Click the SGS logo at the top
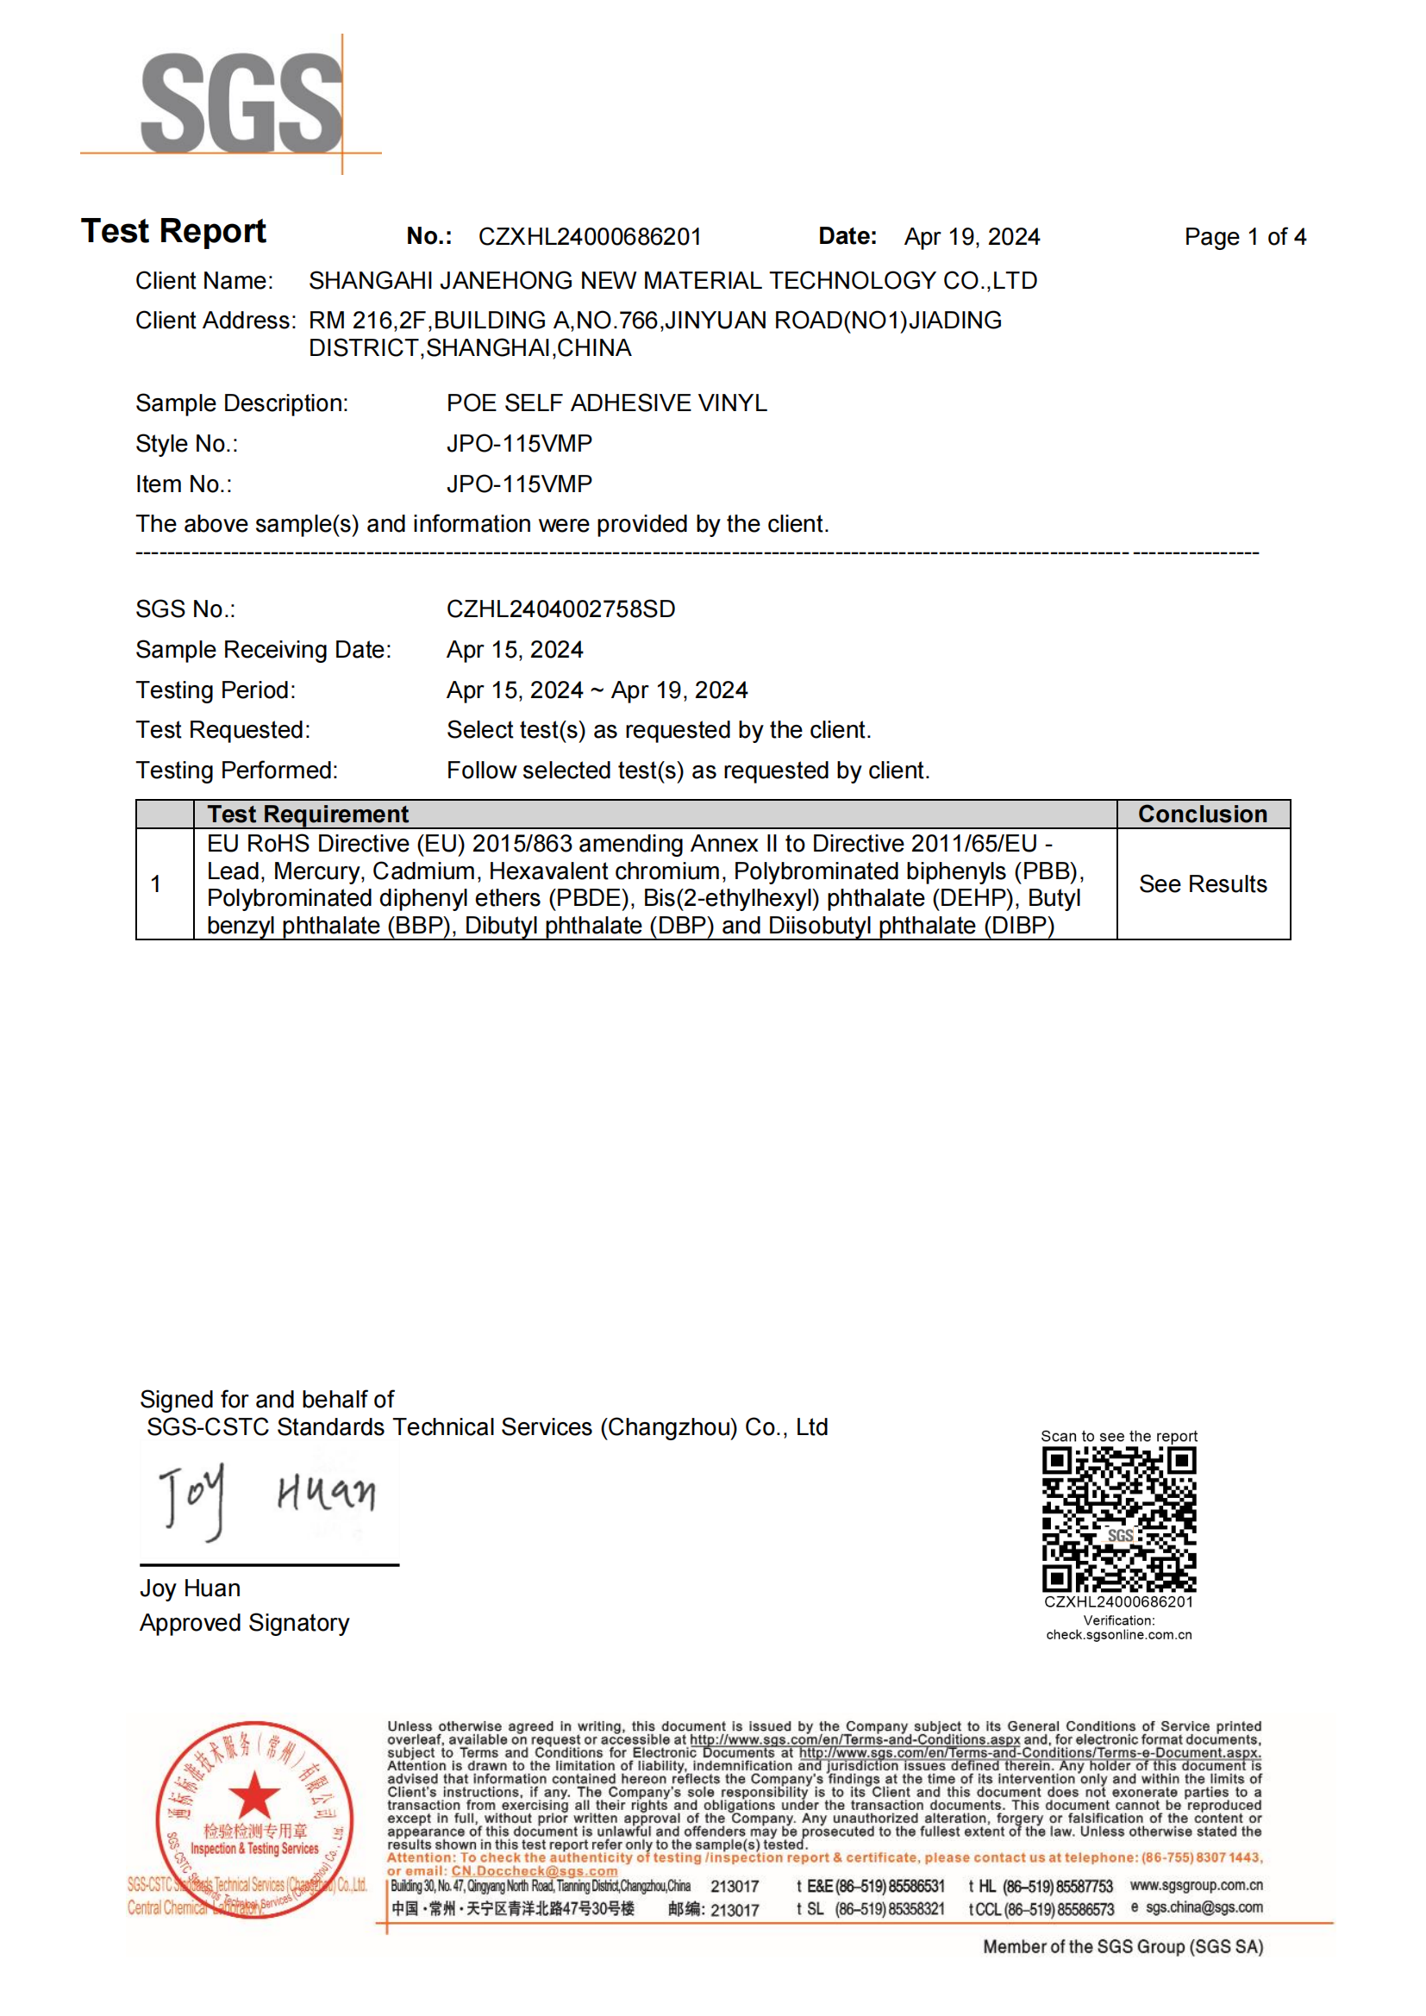[x=241, y=103]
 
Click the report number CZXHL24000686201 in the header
[x=589, y=237]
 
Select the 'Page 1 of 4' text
[x=1244, y=237]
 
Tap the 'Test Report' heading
[x=173, y=231]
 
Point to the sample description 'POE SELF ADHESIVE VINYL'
[x=606, y=403]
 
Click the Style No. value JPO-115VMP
[x=519, y=443]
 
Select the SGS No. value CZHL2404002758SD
[x=560, y=609]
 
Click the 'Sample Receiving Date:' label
[x=264, y=650]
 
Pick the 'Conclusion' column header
[x=1202, y=814]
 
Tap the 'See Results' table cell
[x=1202, y=884]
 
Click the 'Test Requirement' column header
[x=307, y=814]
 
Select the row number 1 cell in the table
[x=155, y=884]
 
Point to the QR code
[x=1119, y=1519]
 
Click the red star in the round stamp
[x=253, y=1794]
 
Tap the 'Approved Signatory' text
[x=244, y=1623]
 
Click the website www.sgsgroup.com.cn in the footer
[x=1196, y=1885]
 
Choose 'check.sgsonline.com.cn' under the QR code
[x=1119, y=1635]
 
